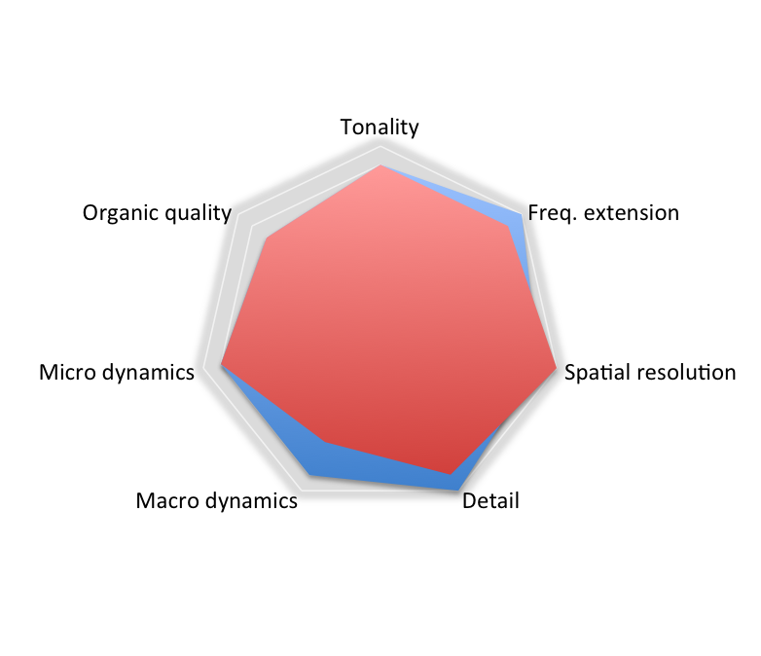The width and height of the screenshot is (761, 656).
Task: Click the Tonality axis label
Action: [380, 127]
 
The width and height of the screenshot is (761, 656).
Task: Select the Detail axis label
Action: [490, 501]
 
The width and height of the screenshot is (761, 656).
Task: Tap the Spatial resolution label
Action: [650, 373]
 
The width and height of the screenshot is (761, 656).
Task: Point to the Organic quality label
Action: [157, 213]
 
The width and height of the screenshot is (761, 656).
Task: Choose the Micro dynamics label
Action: [117, 373]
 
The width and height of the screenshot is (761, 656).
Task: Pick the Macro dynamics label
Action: [216, 501]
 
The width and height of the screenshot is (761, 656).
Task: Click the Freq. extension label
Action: [602, 212]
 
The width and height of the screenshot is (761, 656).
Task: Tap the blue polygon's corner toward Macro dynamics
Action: [310, 475]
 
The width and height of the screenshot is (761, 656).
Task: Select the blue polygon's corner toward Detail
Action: [457, 484]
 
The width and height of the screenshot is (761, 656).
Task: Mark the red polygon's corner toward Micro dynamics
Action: [222, 367]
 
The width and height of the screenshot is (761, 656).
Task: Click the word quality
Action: [199, 213]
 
